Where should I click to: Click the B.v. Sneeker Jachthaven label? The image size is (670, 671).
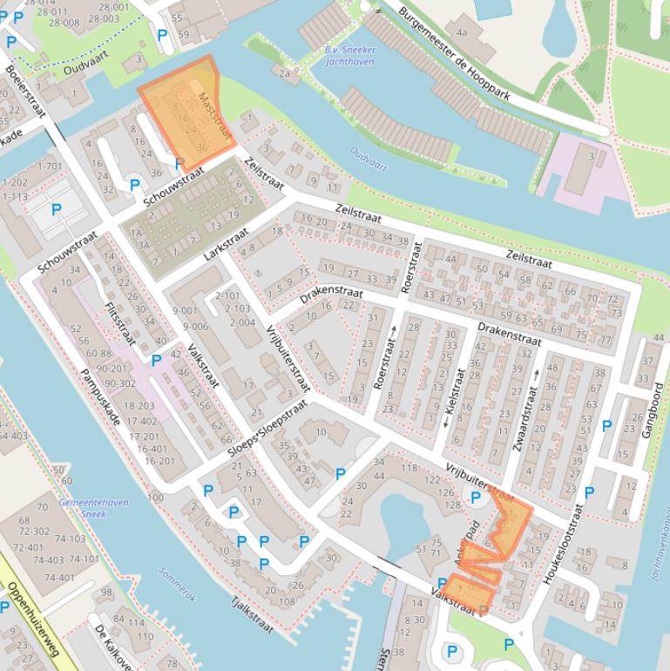343,56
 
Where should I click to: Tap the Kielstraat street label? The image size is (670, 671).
454,396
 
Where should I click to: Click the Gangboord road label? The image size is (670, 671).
655,409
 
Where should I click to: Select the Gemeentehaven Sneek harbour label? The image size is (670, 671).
93,508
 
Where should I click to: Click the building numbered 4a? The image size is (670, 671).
462,33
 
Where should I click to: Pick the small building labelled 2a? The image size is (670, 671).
284,74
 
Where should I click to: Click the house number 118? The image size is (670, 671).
408,469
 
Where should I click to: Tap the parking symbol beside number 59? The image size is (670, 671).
162,35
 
